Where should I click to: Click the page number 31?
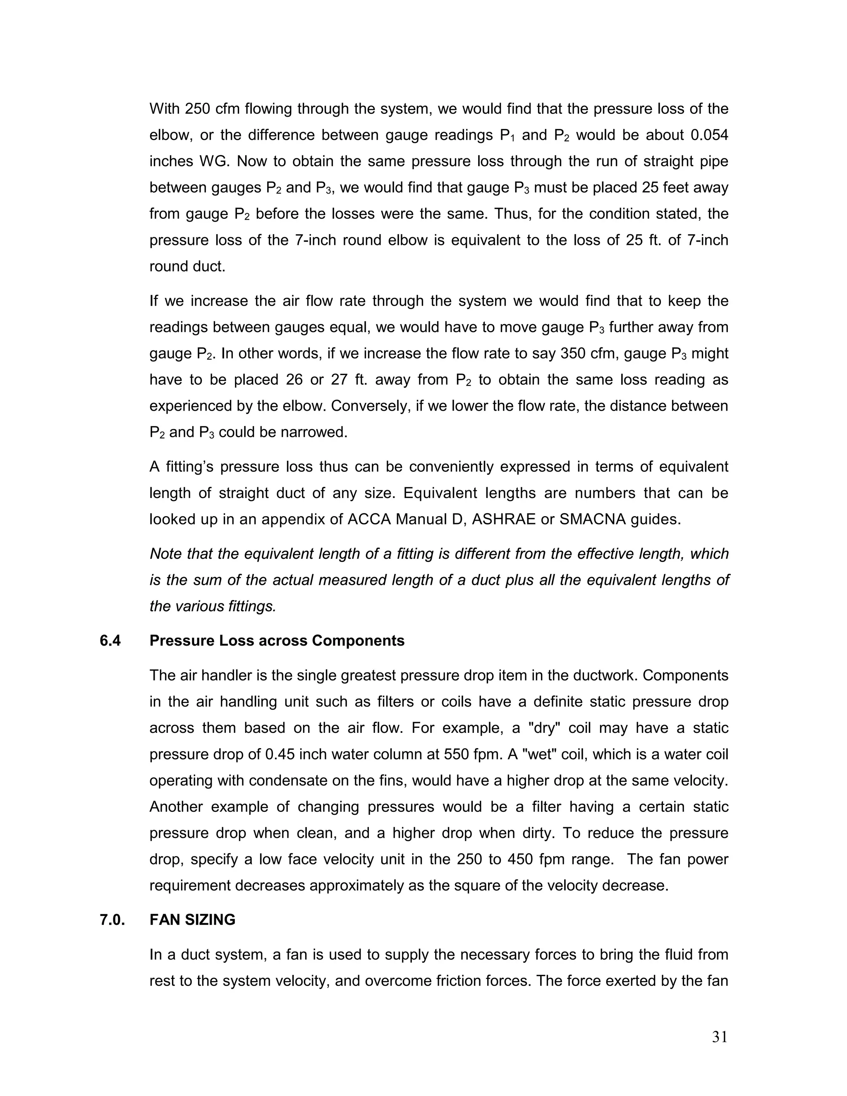tap(719, 1037)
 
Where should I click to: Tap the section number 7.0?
tap(112, 920)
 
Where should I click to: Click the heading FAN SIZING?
tap(192, 920)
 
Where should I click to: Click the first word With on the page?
tap(165, 109)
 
